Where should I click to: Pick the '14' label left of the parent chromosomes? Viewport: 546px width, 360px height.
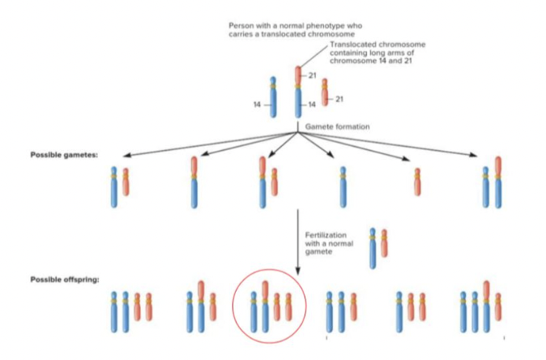click(x=257, y=105)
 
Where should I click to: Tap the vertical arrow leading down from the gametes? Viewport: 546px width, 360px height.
click(x=298, y=243)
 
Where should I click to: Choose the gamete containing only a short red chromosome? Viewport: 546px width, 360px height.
click(x=417, y=182)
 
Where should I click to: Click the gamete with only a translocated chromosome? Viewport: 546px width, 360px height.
click(x=194, y=182)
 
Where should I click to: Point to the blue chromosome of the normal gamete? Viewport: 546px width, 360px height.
click(x=373, y=247)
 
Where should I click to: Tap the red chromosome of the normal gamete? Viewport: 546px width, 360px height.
click(x=384, y=243)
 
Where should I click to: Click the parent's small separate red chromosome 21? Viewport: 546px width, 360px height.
click(x=325, y=92)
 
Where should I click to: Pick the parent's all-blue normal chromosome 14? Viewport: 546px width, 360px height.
click(x=273, y=97)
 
